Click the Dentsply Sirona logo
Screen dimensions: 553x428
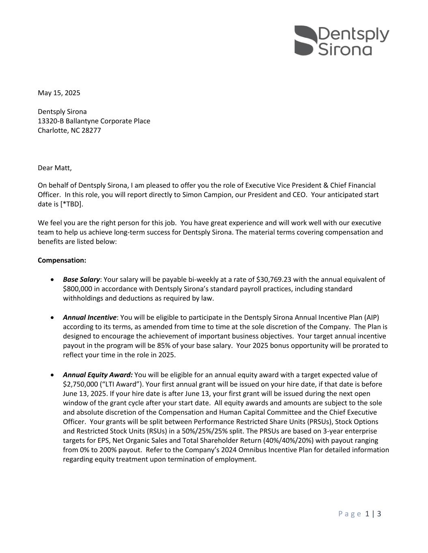(x=341, y=41)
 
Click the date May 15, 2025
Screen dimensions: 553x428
(x=59, y=93)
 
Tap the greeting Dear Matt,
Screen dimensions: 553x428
(x=54, y=168)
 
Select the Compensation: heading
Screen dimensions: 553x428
(x=62, y=260)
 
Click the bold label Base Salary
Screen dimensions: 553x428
(x=81, y=279)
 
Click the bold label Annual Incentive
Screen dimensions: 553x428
(x=89, y=317)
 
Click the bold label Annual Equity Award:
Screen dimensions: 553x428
(x=97, y=375)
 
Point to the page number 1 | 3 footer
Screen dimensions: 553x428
(x=373, y=514)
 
